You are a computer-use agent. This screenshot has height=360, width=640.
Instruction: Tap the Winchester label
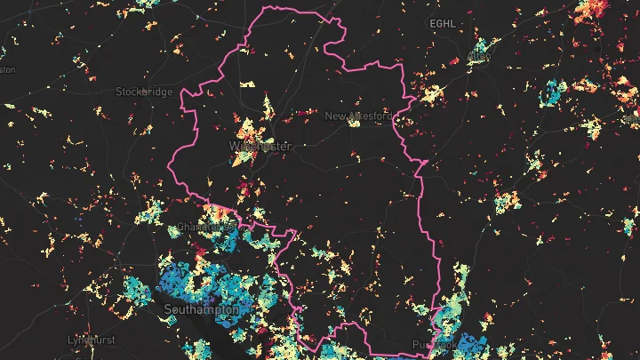tap(260, 146)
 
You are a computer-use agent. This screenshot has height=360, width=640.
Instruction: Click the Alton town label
tap(478, 57)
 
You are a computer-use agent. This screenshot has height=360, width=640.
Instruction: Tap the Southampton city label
tap(201, 309)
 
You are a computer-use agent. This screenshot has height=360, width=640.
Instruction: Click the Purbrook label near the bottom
tap(434, 345)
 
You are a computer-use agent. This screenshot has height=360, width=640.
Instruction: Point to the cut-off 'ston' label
tap(8, 69)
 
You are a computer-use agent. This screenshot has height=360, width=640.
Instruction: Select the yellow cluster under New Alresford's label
tap(354, 124)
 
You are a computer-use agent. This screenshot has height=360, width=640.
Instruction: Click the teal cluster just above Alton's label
tap(480, 46)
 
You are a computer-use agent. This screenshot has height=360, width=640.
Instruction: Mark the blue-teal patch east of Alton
tap(554, 92)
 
